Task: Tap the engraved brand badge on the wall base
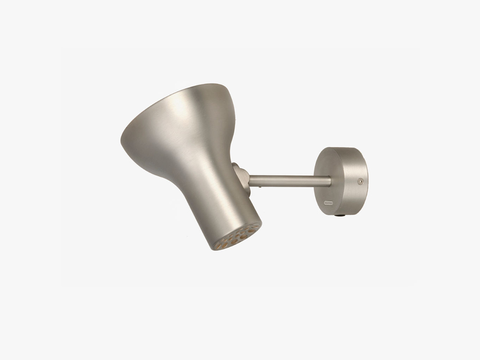pos(329,201)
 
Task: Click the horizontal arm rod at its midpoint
pos(290,181)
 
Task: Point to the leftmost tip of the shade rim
pos(121,141)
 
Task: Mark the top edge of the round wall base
pos(344,148)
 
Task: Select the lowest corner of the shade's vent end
pos(214,249)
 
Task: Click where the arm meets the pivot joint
pos(250,180)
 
